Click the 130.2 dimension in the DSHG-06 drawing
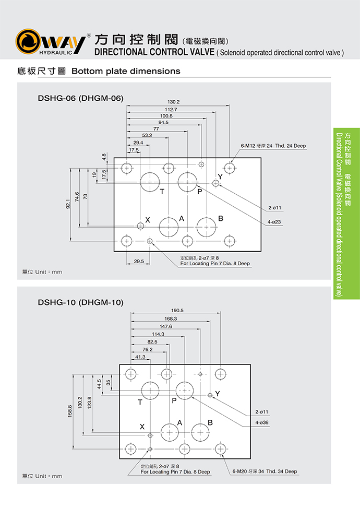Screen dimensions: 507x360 pos(173,101)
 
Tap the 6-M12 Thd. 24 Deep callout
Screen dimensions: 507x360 pos(273,146)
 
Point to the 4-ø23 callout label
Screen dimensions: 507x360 pos(275,222)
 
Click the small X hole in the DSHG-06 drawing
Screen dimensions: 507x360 pos(140,226)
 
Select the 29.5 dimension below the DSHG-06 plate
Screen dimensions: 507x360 pos(139,261)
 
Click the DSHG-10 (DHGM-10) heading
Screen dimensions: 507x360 pos(80,302)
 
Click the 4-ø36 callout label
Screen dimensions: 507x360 pos(262,422)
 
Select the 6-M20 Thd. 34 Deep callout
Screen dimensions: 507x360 pos(265,471)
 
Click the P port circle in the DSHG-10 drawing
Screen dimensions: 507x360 pos(185,390)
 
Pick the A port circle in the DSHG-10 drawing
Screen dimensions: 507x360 pos(170,432)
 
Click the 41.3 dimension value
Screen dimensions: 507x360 pos(140,357)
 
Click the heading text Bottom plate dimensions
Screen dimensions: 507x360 pos(126,71)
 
